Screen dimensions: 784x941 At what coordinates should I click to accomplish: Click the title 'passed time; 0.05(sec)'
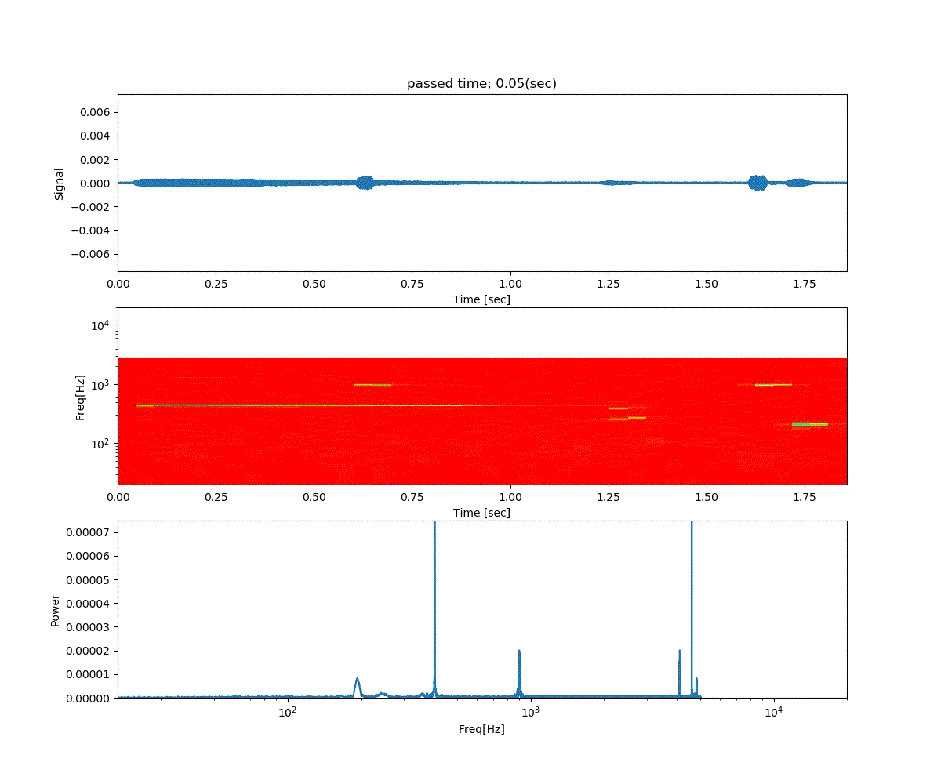pos(481,84)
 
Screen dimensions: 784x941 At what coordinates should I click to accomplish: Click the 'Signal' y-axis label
pos(59,183)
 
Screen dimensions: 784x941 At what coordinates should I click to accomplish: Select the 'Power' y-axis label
pos(55,610)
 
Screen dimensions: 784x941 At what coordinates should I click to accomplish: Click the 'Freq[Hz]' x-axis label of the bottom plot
pos(481,729)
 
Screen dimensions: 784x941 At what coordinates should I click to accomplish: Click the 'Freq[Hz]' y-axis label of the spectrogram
pos(80,397)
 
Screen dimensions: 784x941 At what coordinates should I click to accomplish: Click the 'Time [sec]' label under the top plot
pos(481,299)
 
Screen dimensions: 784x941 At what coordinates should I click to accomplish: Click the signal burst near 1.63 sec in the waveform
pos(758,183)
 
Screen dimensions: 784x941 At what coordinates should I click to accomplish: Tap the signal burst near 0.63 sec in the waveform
pos(365,183)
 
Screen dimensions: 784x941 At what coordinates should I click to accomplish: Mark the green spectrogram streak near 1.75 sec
pos(810,424)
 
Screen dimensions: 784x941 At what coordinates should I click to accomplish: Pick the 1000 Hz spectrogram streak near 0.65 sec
pos(372,385)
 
